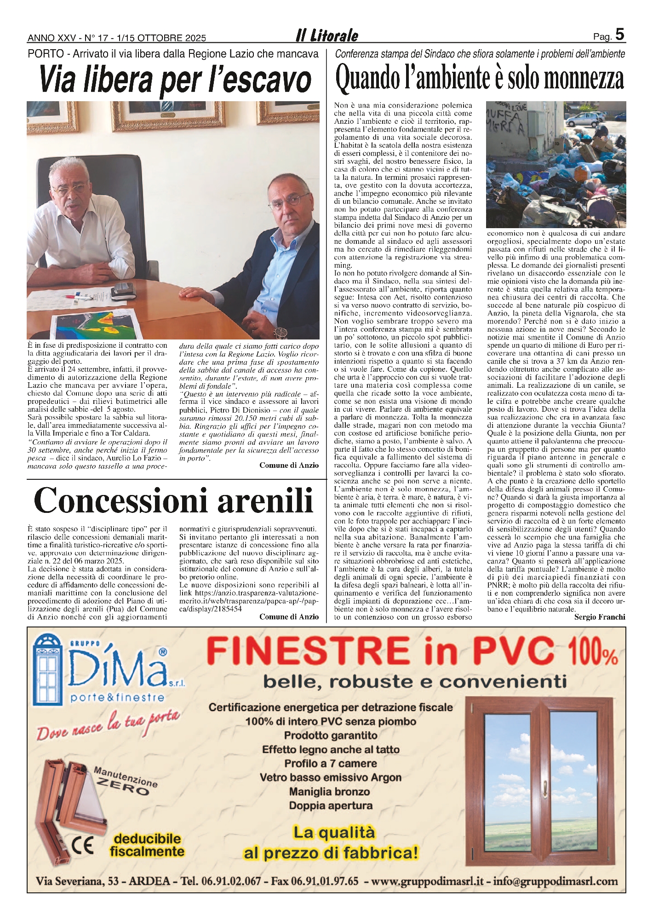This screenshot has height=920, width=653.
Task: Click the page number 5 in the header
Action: click(620, 34)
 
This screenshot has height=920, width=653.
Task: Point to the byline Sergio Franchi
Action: click(600, 617)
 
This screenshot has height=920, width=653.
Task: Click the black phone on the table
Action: click(123, 288)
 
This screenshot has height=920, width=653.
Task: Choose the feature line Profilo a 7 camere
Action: click(330, 763)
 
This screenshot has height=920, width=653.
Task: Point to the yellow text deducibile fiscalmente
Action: click(147, 845)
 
